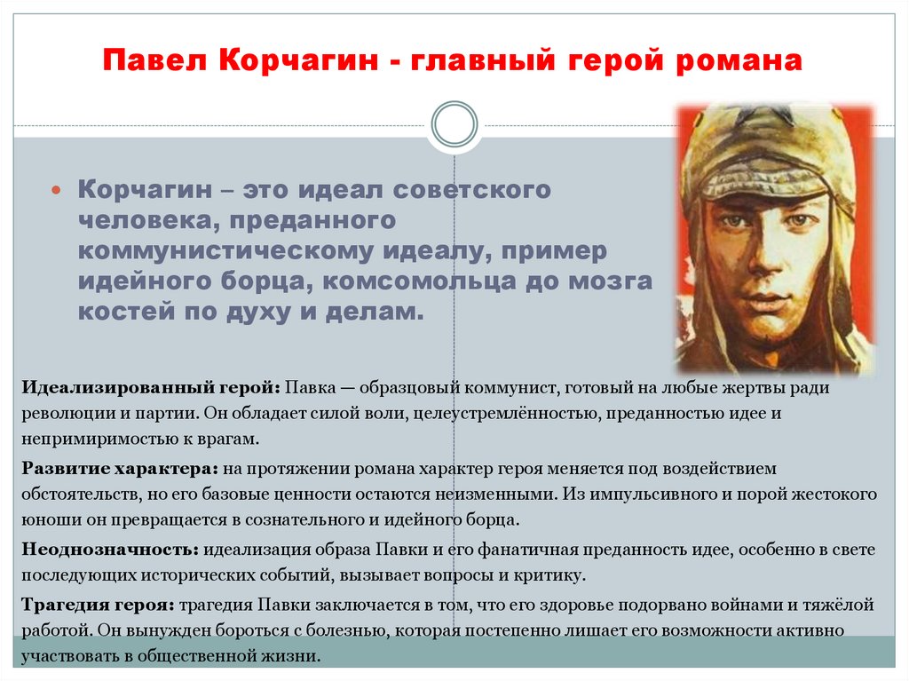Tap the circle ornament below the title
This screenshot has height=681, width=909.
[454, 124]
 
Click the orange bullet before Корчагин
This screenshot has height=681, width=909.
[56, 190]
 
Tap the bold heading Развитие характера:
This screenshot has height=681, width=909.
[120, 468]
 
